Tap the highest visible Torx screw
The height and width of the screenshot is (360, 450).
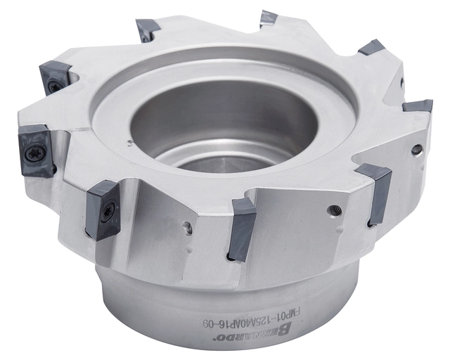tap(53, 86)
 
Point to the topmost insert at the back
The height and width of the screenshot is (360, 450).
tap(269, 18)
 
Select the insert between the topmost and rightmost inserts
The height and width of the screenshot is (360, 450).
tap(371, 48)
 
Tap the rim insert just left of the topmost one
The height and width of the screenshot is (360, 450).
tap(148, 30)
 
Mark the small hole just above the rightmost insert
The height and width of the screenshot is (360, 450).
tap(402, 82)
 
